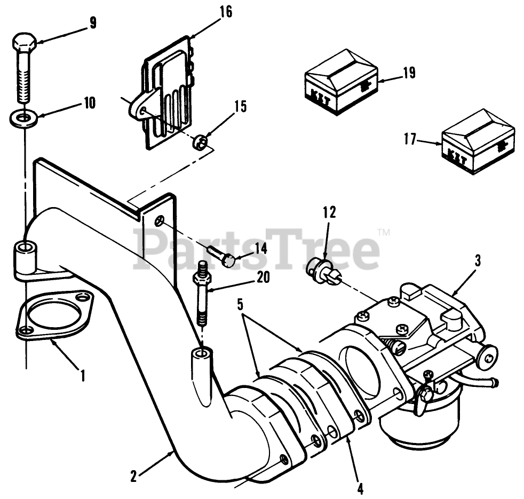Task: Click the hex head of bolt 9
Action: (24, 42)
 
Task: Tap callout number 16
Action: (226, 12)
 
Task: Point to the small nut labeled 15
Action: (200, 142)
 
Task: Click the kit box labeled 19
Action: (341, 85)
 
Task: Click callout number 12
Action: (329, 213)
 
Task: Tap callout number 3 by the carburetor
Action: (477, 261)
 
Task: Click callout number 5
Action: (240, 305)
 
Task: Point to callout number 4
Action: (360, 487)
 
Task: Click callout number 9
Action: (93, 23)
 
